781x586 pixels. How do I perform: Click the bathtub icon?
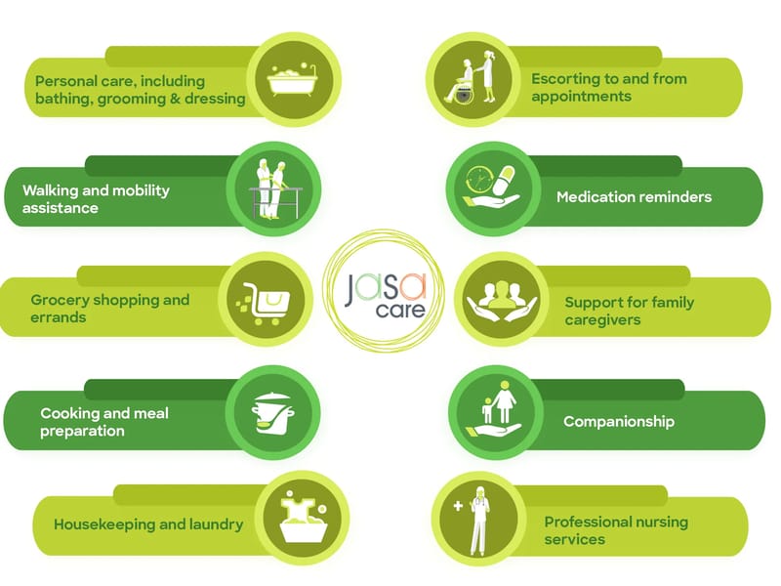(293, 81)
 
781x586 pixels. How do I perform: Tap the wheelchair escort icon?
(471, 76)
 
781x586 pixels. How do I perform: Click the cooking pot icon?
(273, 413)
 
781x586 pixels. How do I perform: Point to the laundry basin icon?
(304, 517)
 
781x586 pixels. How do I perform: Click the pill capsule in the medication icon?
(504, 181)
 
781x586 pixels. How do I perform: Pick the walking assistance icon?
(273, 189)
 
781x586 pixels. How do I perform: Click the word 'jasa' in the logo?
(386, 288)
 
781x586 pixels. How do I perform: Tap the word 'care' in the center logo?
(400, 311)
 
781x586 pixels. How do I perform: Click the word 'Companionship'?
(619, 422)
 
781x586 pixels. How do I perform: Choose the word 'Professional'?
(582, 522)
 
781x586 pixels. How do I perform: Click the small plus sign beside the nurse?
(458, 506)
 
